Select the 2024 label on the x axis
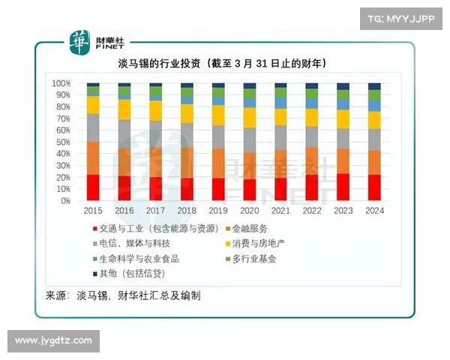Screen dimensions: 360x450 pos(373,211)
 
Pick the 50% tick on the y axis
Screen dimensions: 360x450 pos(63,142)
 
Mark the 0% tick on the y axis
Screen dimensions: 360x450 pos(65,201)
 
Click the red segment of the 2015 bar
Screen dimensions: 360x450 pos(93,187)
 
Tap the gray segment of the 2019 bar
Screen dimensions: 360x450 pos(217,136)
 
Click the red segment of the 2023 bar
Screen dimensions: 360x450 pos(342,187)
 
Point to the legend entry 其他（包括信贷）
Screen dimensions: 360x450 pos(135,274)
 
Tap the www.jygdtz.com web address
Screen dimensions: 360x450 pos(53,340)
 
